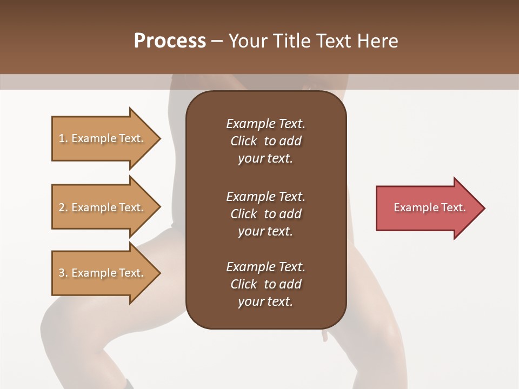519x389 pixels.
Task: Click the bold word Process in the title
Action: pos(170,41)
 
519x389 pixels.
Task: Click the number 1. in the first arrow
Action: pos(63,138)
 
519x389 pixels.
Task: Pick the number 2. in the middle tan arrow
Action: pos(63,207)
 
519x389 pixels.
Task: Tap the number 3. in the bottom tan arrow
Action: pos(63,273)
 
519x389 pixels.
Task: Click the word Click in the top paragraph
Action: pos(243,141)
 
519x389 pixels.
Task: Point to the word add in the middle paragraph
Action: pos(291,214)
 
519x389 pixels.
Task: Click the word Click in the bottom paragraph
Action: pos(243,284)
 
